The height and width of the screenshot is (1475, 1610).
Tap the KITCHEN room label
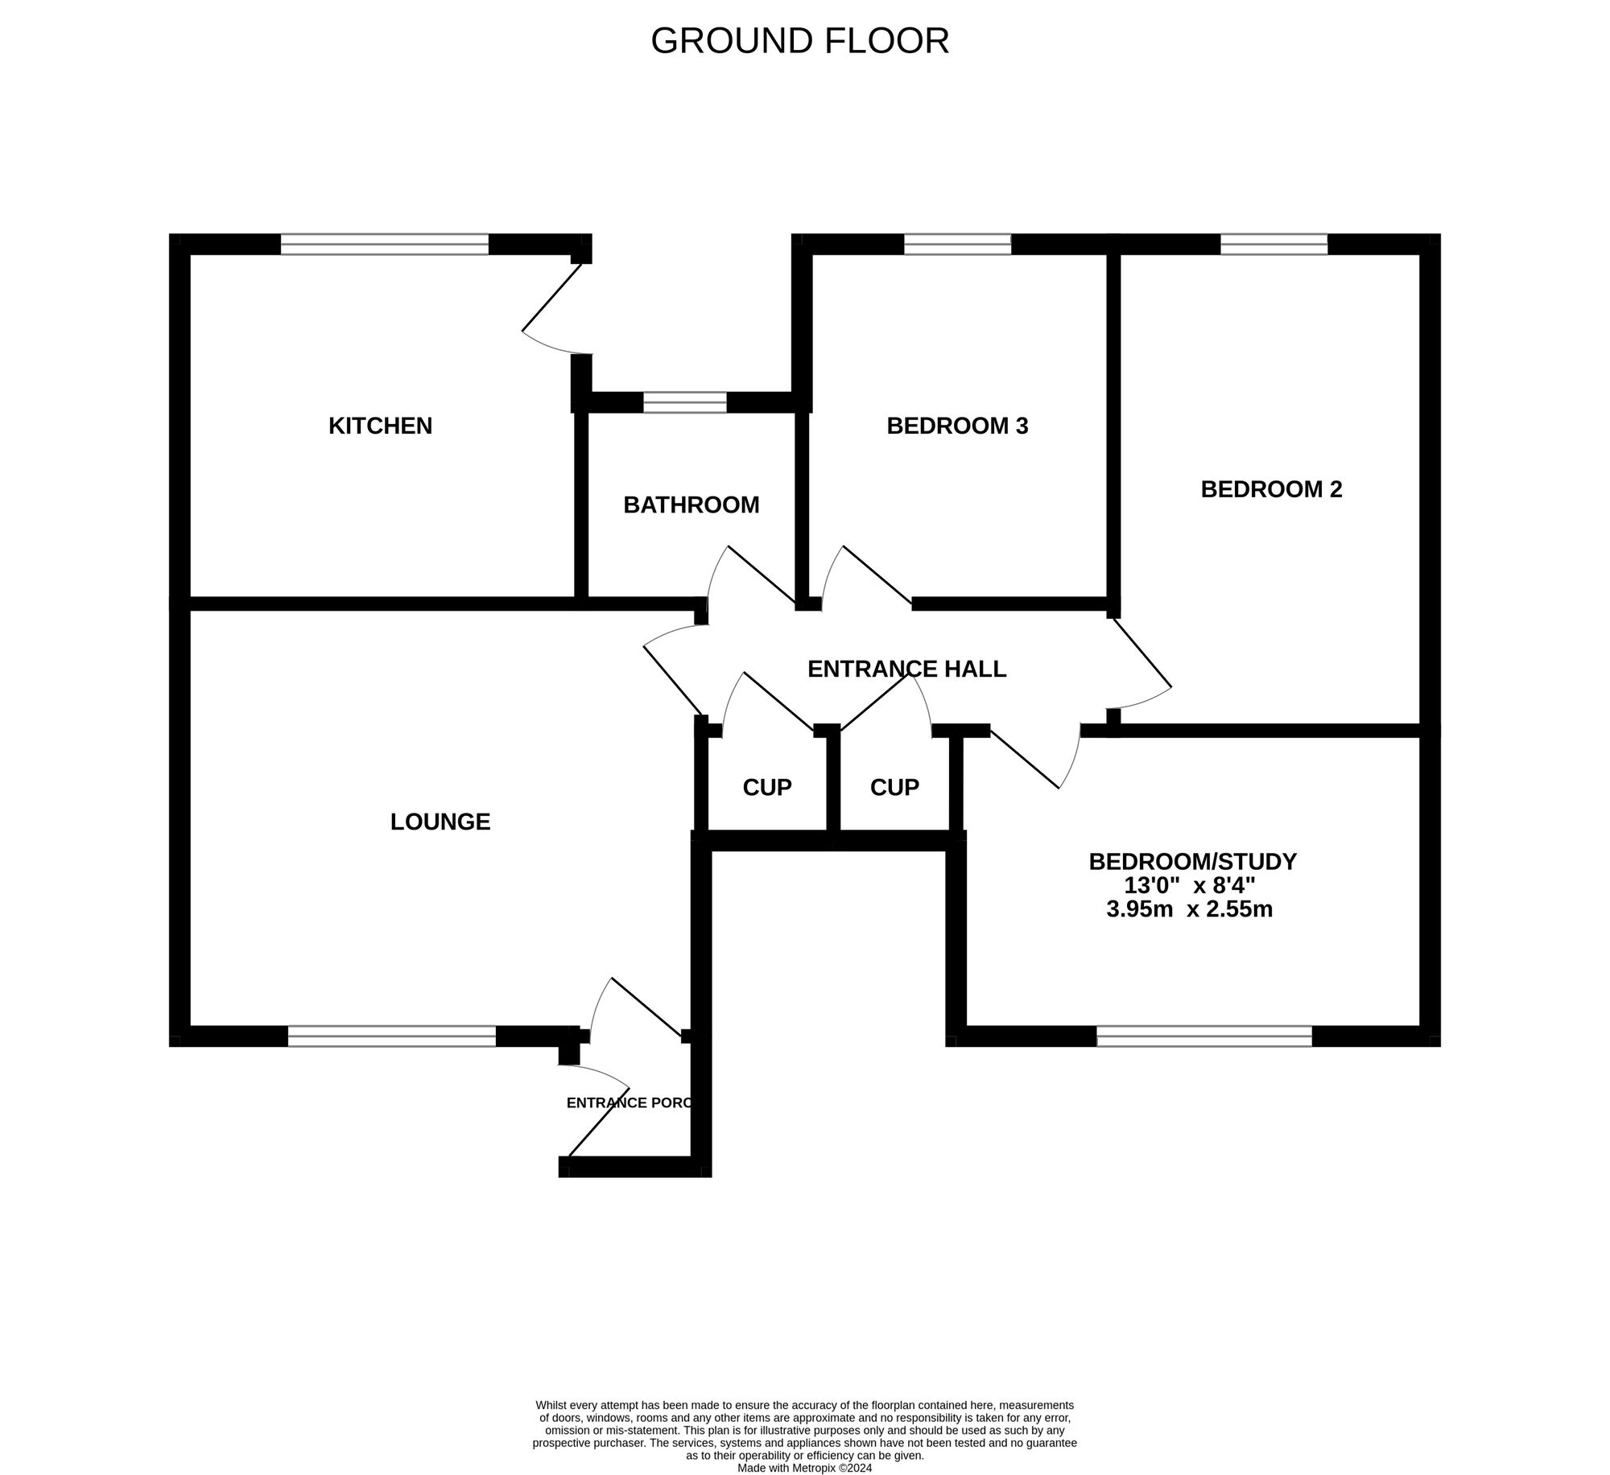click(x=380, y=426)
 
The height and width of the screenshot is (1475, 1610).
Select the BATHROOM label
click(x=691, y=505)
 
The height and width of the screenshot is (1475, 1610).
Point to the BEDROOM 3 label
click(x=957, y=426)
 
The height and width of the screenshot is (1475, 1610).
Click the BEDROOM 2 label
click(x=1271, y=489)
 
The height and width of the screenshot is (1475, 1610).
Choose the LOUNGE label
click(x=440, y=822)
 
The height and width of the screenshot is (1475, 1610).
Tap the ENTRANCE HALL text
click(x=906, y=669)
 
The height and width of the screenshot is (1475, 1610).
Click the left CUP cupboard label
click(x=766, y=787)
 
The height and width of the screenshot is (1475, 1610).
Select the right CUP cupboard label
click(x=894, y=787)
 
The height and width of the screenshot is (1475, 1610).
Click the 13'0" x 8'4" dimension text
click(x=1190, y=886)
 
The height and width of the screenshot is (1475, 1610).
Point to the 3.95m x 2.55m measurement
click(x=1190, y=910)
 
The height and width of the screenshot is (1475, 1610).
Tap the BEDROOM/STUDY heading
click(x=1192, y=862)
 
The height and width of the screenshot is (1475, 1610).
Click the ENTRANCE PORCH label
click(x=629, y=1103)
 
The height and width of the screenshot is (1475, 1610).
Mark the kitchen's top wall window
click(x=384, y=244)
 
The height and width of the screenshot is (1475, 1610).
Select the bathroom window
click(x=684, y=402)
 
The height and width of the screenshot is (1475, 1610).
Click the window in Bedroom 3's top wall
click(x=957, y=244)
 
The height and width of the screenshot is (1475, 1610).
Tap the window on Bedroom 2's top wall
click(x=1274, y=244)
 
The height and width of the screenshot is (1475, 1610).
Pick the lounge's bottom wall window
click(x=391, y=1036)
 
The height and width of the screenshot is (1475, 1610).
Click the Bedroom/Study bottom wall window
click(x=1204, y=1036)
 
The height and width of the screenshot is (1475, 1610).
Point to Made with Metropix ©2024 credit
click(x=804, y=1468)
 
